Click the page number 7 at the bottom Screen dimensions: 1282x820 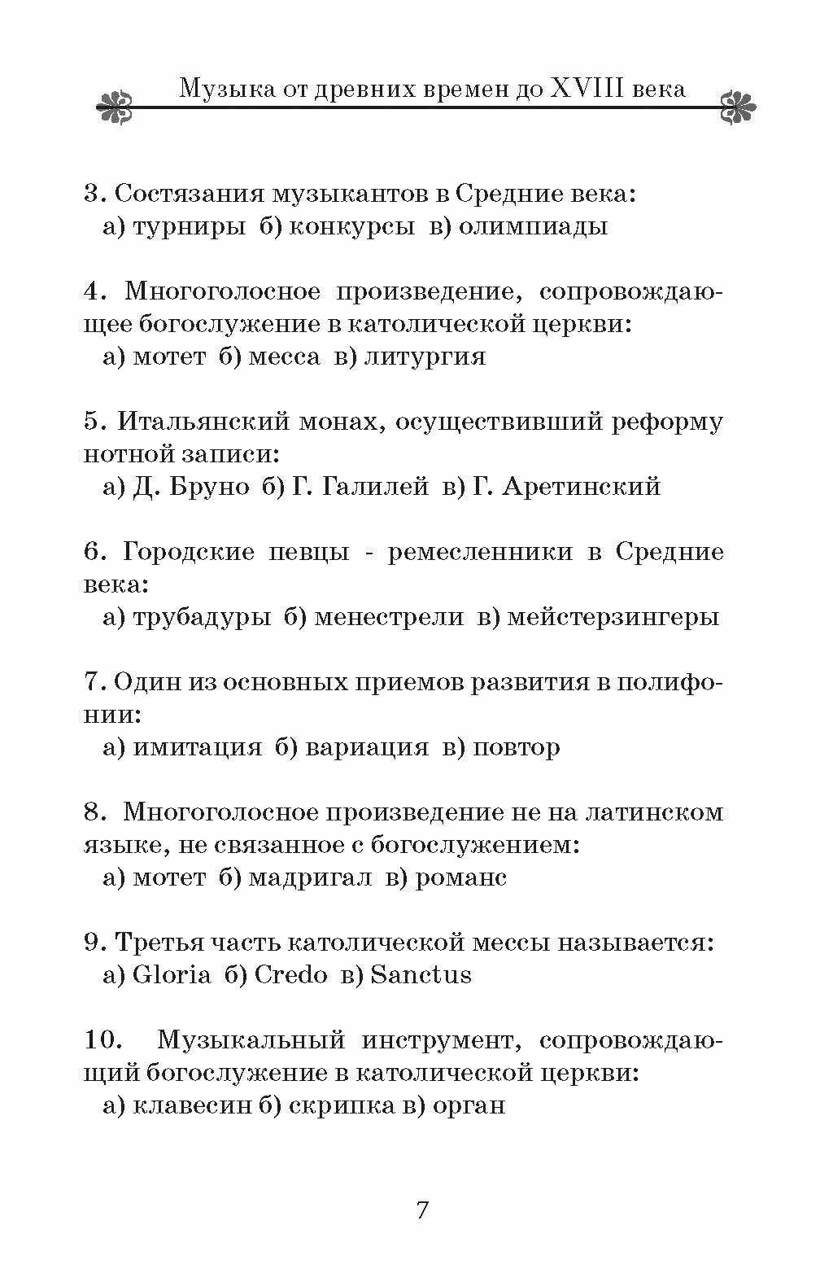point(422,1210)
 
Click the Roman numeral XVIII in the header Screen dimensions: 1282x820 point(587,88)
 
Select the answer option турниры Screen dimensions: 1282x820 point(189,226)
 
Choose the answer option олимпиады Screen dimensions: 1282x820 point(533,226)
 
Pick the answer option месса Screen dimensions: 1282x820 point(284,357)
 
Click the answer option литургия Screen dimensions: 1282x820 point(424,357)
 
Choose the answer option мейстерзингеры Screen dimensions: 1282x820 point(613,617)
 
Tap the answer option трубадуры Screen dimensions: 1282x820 point(201,617)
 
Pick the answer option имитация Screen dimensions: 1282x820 point(197,747)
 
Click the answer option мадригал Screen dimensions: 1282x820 point(310,877)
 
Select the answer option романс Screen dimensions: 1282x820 point(461,877)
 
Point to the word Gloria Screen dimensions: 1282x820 point(171,975)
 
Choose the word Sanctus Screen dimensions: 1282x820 point(421,975)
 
